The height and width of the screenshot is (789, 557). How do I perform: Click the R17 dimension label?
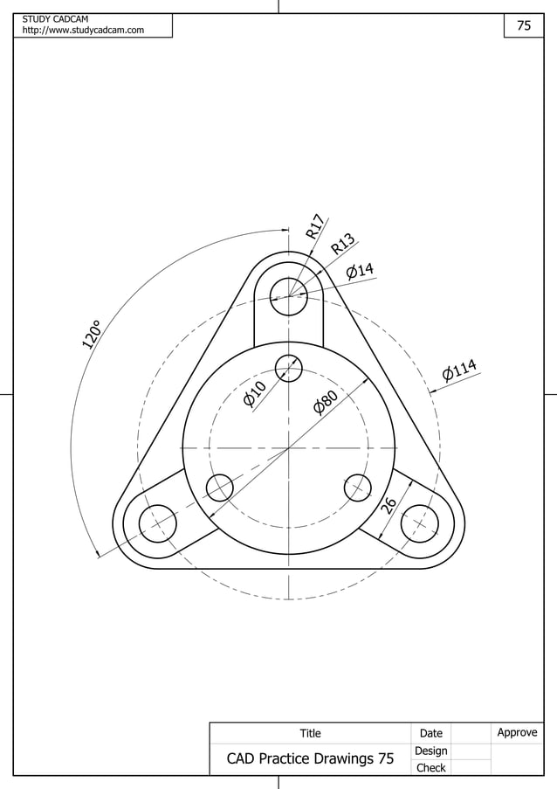316,226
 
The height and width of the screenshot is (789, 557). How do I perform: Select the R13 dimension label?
343,244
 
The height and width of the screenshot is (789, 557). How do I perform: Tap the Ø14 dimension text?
360,270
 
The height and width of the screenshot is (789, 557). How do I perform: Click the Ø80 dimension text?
326,403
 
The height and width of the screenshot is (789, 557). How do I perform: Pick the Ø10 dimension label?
254,395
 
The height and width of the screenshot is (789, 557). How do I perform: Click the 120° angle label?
93,335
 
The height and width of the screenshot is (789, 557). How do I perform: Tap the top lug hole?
288,297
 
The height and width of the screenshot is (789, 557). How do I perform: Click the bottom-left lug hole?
158,523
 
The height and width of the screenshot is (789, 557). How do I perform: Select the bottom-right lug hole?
419,523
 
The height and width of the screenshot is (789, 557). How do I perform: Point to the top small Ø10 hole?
288,368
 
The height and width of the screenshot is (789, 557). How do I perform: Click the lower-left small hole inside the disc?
219,488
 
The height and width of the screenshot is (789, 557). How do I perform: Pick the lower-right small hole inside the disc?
358,488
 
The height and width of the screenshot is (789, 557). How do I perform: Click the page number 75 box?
524,26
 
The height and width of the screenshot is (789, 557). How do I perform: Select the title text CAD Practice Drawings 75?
310,759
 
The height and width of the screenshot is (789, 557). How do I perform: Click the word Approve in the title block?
517,732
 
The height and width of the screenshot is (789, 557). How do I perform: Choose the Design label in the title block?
430,751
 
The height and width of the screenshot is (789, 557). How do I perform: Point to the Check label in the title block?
430,768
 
